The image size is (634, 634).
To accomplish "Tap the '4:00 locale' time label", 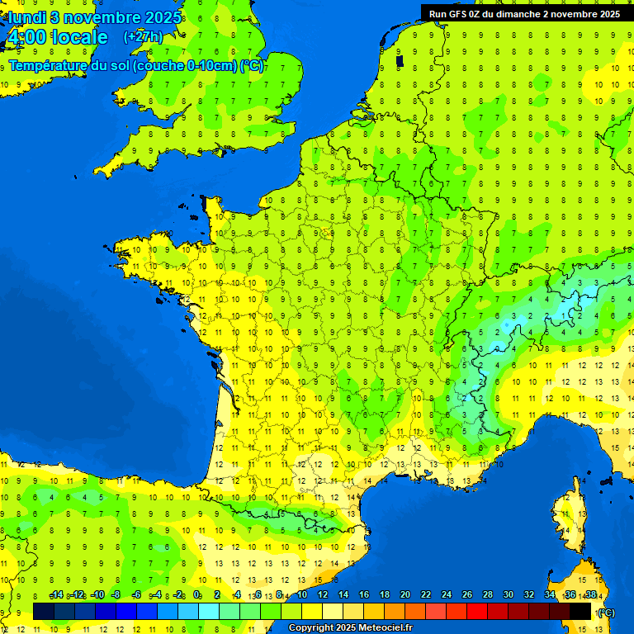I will (x=56, y=37).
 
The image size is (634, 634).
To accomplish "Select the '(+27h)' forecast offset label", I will (x=142, y=37).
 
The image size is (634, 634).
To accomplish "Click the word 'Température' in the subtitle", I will (x=46, y=66).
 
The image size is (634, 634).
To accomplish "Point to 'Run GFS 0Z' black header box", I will (x=526, y=13).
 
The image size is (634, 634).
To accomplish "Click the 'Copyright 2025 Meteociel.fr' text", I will (x=350, y=628).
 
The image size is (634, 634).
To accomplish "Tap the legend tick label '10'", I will (x=302, y=595).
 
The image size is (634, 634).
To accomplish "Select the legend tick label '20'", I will (x=405, y=595).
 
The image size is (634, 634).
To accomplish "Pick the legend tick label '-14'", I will (x=56, y=595).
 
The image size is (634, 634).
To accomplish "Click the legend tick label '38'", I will (x=590, y=595).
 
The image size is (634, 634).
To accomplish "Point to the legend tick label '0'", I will (x=197, y=595).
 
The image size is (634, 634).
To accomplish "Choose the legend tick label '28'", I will (x=487, y=595).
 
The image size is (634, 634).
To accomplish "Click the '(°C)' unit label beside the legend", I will (x=605, y=612).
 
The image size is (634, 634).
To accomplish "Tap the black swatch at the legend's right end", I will (x=580, y=611).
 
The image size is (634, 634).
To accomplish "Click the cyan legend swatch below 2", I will (x=209, y=611).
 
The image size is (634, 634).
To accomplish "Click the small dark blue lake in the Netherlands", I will (x=400, y=60).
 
